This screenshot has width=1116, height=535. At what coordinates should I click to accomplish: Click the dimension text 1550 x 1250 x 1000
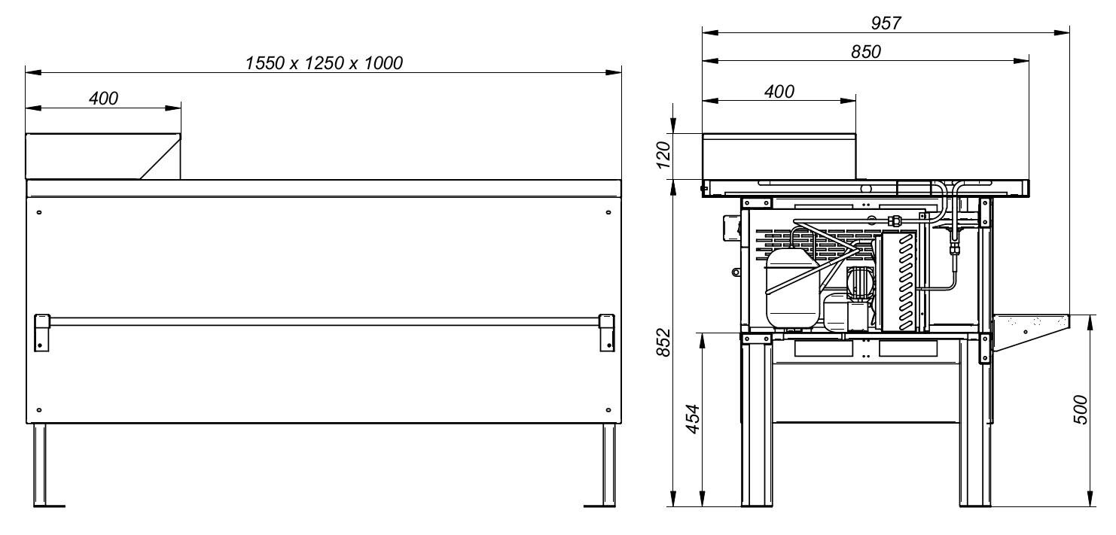324,63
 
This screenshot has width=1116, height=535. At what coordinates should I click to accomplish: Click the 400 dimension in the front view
104,99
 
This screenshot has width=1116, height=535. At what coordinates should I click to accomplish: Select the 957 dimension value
886,23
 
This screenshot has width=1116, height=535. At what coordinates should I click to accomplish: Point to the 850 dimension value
866,51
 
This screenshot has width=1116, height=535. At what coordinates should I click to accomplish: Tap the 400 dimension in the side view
779,92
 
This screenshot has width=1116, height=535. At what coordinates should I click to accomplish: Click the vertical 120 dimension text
663,155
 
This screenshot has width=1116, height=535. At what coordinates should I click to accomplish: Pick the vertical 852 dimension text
663,342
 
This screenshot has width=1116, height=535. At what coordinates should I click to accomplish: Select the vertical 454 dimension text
693,419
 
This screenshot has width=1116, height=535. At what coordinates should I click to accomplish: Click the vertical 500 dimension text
1080,409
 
